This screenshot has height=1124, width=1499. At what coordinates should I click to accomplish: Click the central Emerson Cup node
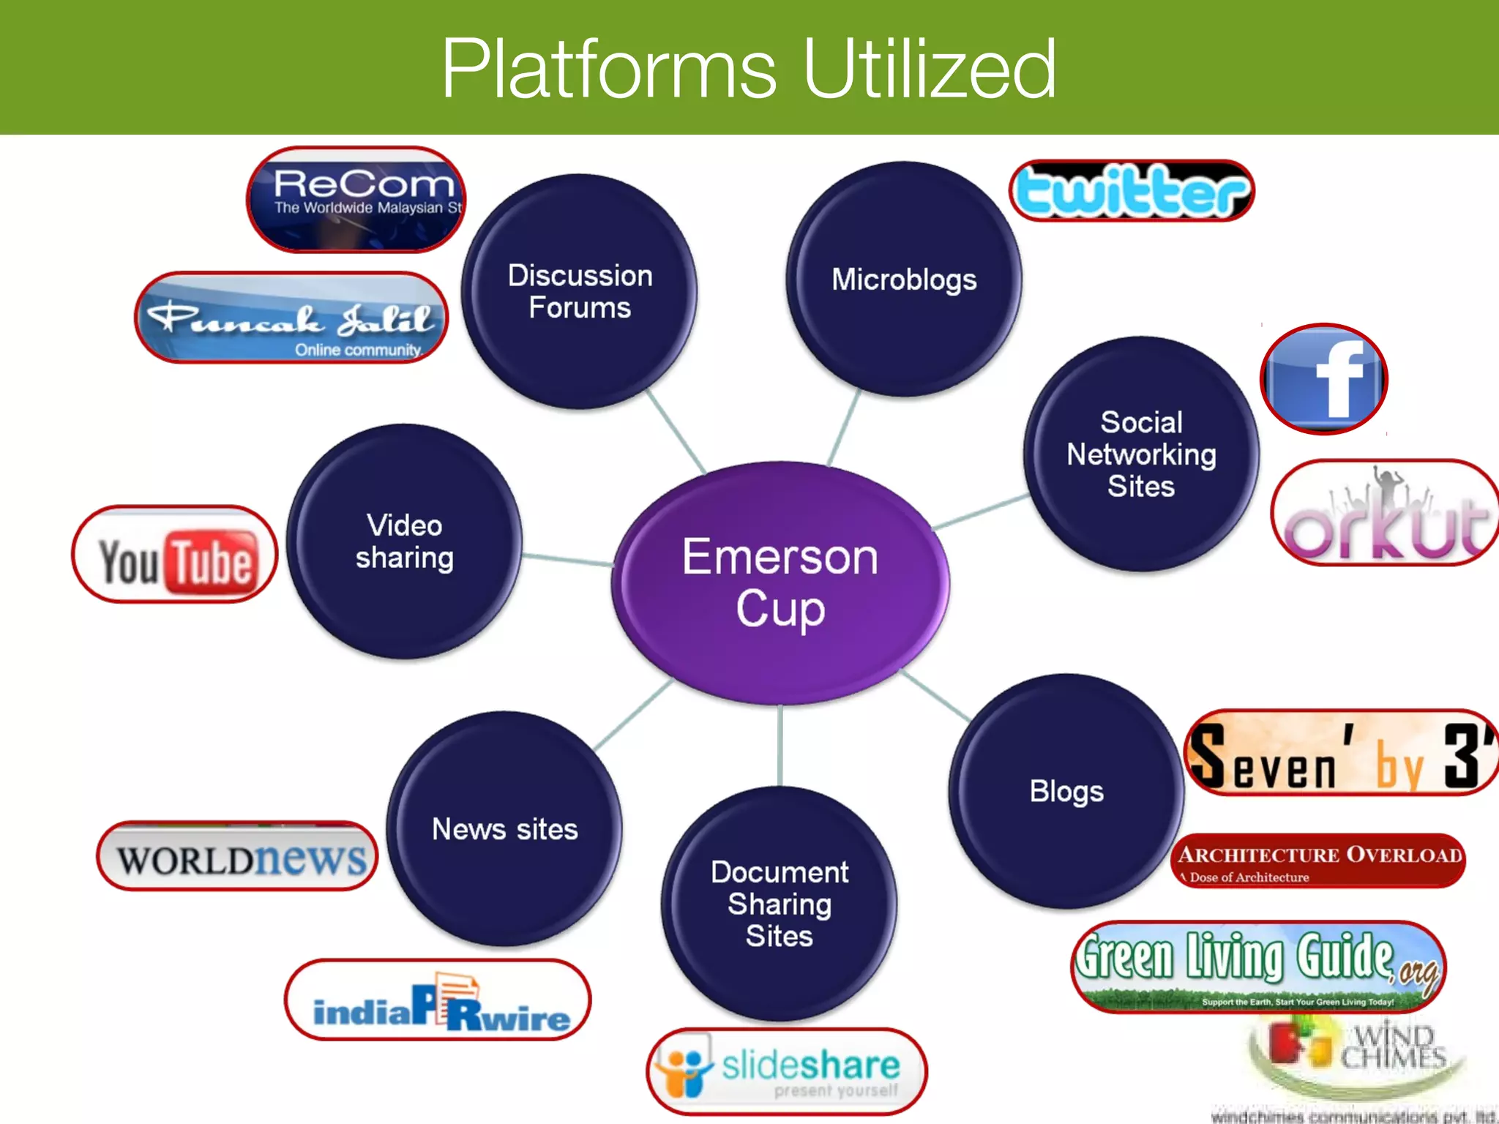click(x=780, y=582)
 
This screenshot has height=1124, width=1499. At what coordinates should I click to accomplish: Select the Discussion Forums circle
click(x=580, y=291)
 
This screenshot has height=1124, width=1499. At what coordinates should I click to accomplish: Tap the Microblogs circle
click(x=904, y=280)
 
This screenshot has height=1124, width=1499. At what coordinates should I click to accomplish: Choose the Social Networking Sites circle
click(x=1141, y=454)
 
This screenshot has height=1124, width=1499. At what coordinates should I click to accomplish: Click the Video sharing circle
click(x=405, y=542)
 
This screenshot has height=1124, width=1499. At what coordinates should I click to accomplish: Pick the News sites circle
click(x=505, y=829)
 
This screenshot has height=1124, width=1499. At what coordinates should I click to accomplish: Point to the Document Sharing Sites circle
click(x=780, y=904)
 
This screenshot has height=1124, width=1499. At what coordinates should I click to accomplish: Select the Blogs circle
click(x=1066, y=791)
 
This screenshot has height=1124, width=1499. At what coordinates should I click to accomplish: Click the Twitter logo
click(x=1132, y=191)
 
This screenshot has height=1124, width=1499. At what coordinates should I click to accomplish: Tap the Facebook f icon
click(x=1324, y=379)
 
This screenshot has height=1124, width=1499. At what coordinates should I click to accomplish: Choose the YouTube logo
click(x=175, y=554)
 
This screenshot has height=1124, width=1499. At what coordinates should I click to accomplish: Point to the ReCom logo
click(x=356, y=200)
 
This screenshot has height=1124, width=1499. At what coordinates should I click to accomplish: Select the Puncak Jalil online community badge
click(x=291, y=318)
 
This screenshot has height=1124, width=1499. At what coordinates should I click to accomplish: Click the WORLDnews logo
click(x=238, y=856)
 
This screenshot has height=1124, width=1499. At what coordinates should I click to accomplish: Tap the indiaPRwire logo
click(x=438, y=1000)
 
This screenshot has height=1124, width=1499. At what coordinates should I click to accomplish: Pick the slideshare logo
click(x=786, y=1071)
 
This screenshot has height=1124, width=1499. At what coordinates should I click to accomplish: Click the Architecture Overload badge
click(x=1319, y=861)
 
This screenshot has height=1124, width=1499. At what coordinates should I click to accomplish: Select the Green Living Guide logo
click(x=1259, y=967)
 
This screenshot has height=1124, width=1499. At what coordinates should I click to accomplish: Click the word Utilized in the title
click(x=930, y=69)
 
